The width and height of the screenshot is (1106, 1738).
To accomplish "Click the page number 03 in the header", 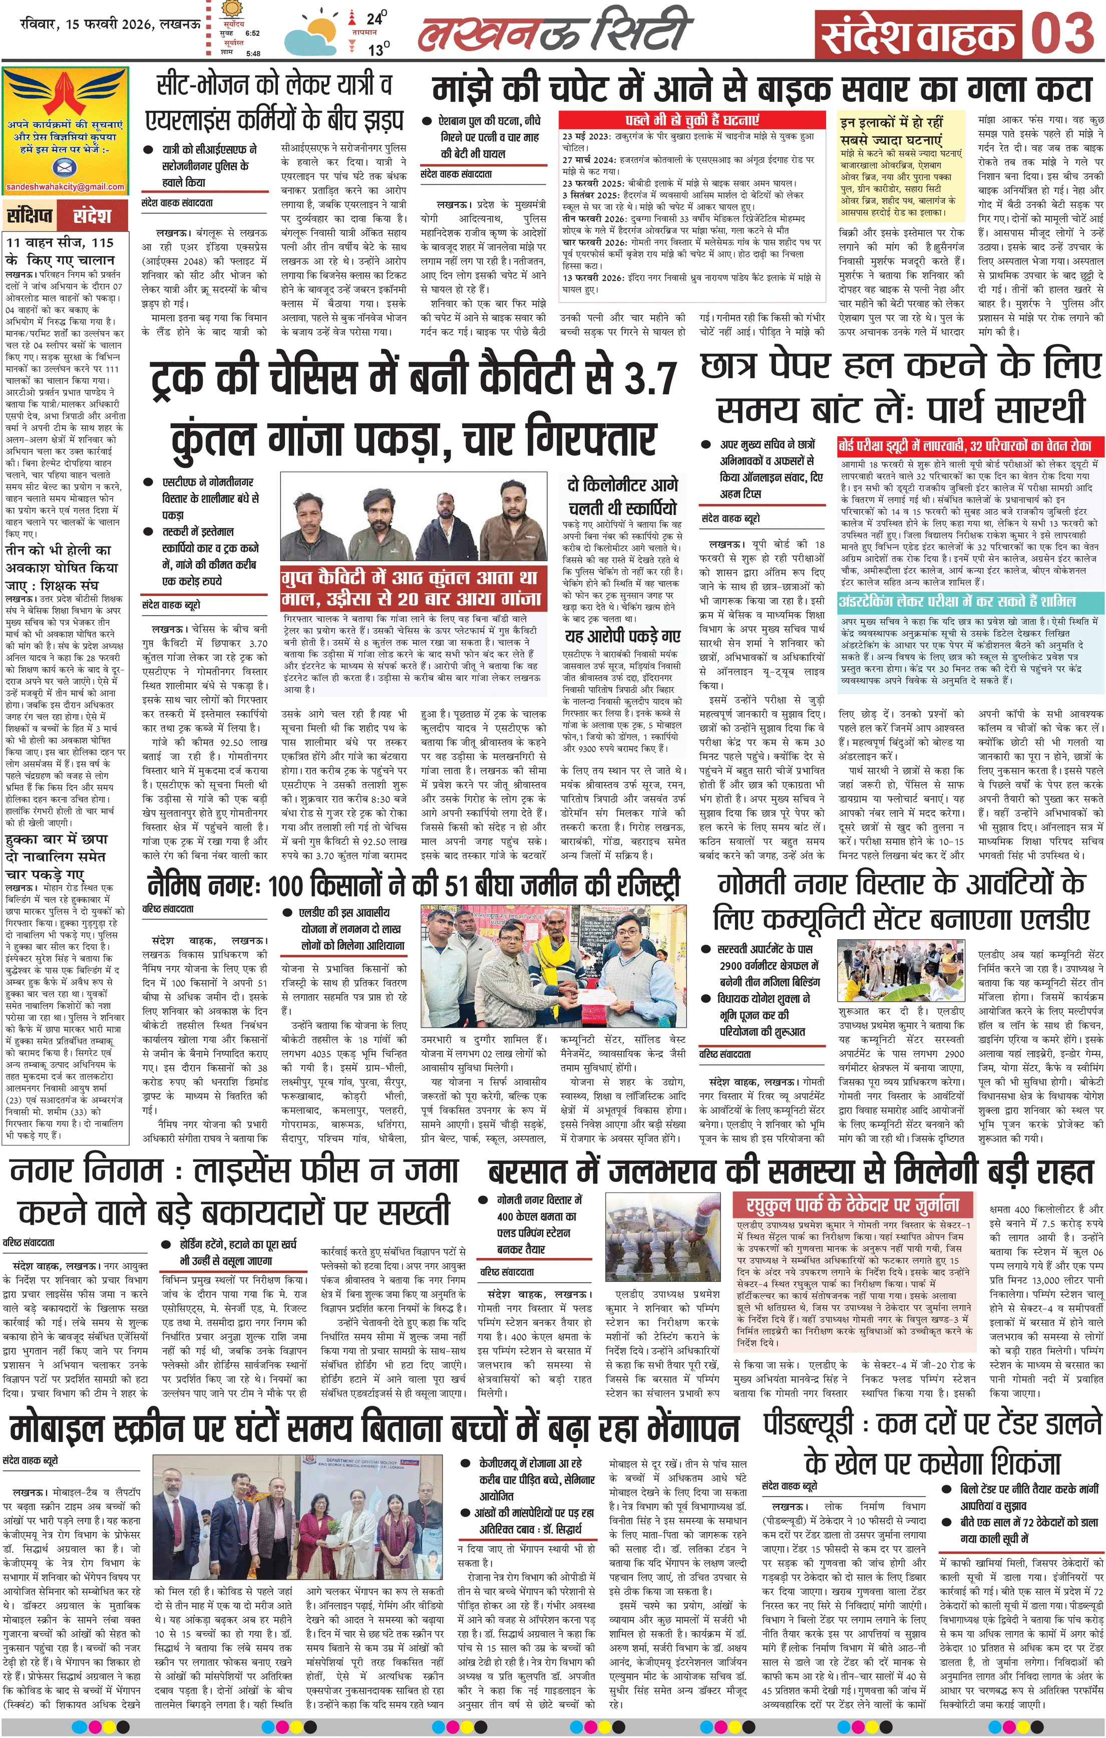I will coord(1061,35).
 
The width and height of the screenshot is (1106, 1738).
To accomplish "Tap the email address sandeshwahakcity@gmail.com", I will coord(65,187).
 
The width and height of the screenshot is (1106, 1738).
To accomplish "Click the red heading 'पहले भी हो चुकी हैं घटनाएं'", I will coord(691,120).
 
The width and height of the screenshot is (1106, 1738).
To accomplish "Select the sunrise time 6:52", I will coord(252,33).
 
